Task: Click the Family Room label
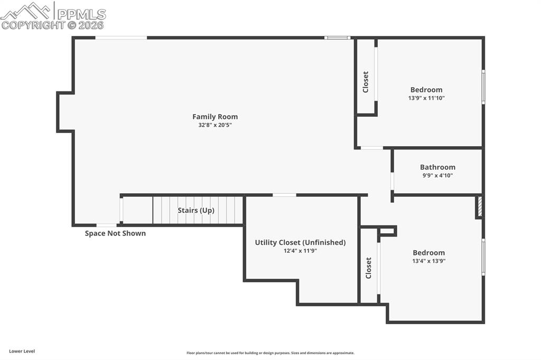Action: point(214,117)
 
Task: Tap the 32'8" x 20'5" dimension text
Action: point(214,126)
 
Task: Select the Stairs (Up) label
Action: point(195,210)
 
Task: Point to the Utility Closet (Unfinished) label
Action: point(300,242)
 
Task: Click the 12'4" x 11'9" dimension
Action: point(300,251)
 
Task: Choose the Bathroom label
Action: point(437,167)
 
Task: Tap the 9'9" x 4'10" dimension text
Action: point(437,176)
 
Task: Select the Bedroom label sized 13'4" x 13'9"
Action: point(428,252)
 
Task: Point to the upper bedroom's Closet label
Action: point(366,82)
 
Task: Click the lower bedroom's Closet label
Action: point(369,268)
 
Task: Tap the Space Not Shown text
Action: point(115,233)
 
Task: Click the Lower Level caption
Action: point(22,351)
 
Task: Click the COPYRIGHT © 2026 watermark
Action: point(53,25)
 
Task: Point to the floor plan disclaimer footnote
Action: point(270,353)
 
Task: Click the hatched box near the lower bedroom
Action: point(480,206)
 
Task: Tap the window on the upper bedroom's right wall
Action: point(483,87)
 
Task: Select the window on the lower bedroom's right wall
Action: point(483,257)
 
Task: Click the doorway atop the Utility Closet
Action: point(284,195)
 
